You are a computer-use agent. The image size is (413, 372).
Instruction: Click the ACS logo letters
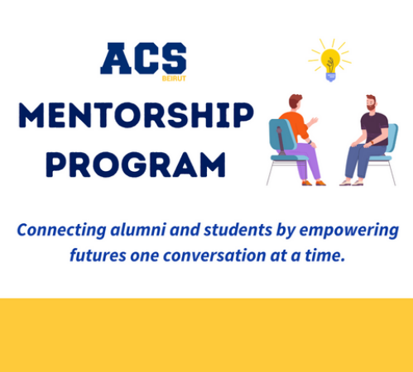click(x=143, y=58)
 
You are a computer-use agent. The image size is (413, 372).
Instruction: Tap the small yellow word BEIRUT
click(x=174, y=79)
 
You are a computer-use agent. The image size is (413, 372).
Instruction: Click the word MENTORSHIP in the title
click(x=137, y=115)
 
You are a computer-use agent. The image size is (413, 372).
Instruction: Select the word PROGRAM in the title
click(x=136, y=165)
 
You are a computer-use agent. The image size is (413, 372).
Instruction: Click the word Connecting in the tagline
click(x=61, y=231)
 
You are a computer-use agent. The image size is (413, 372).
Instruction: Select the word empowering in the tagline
click(x=349, y=231)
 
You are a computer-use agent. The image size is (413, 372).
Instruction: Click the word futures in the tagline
click(x=98, y=255)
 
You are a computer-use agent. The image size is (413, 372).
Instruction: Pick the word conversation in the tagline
click(x=214, y=255)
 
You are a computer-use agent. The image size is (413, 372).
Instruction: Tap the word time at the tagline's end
click(x=325, y=255)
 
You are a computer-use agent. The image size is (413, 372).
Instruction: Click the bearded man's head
click(x=372, y=103)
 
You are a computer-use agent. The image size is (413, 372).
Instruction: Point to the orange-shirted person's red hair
click(x=295, y=100)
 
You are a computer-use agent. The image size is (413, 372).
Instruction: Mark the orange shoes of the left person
click(x=314, y=183)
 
